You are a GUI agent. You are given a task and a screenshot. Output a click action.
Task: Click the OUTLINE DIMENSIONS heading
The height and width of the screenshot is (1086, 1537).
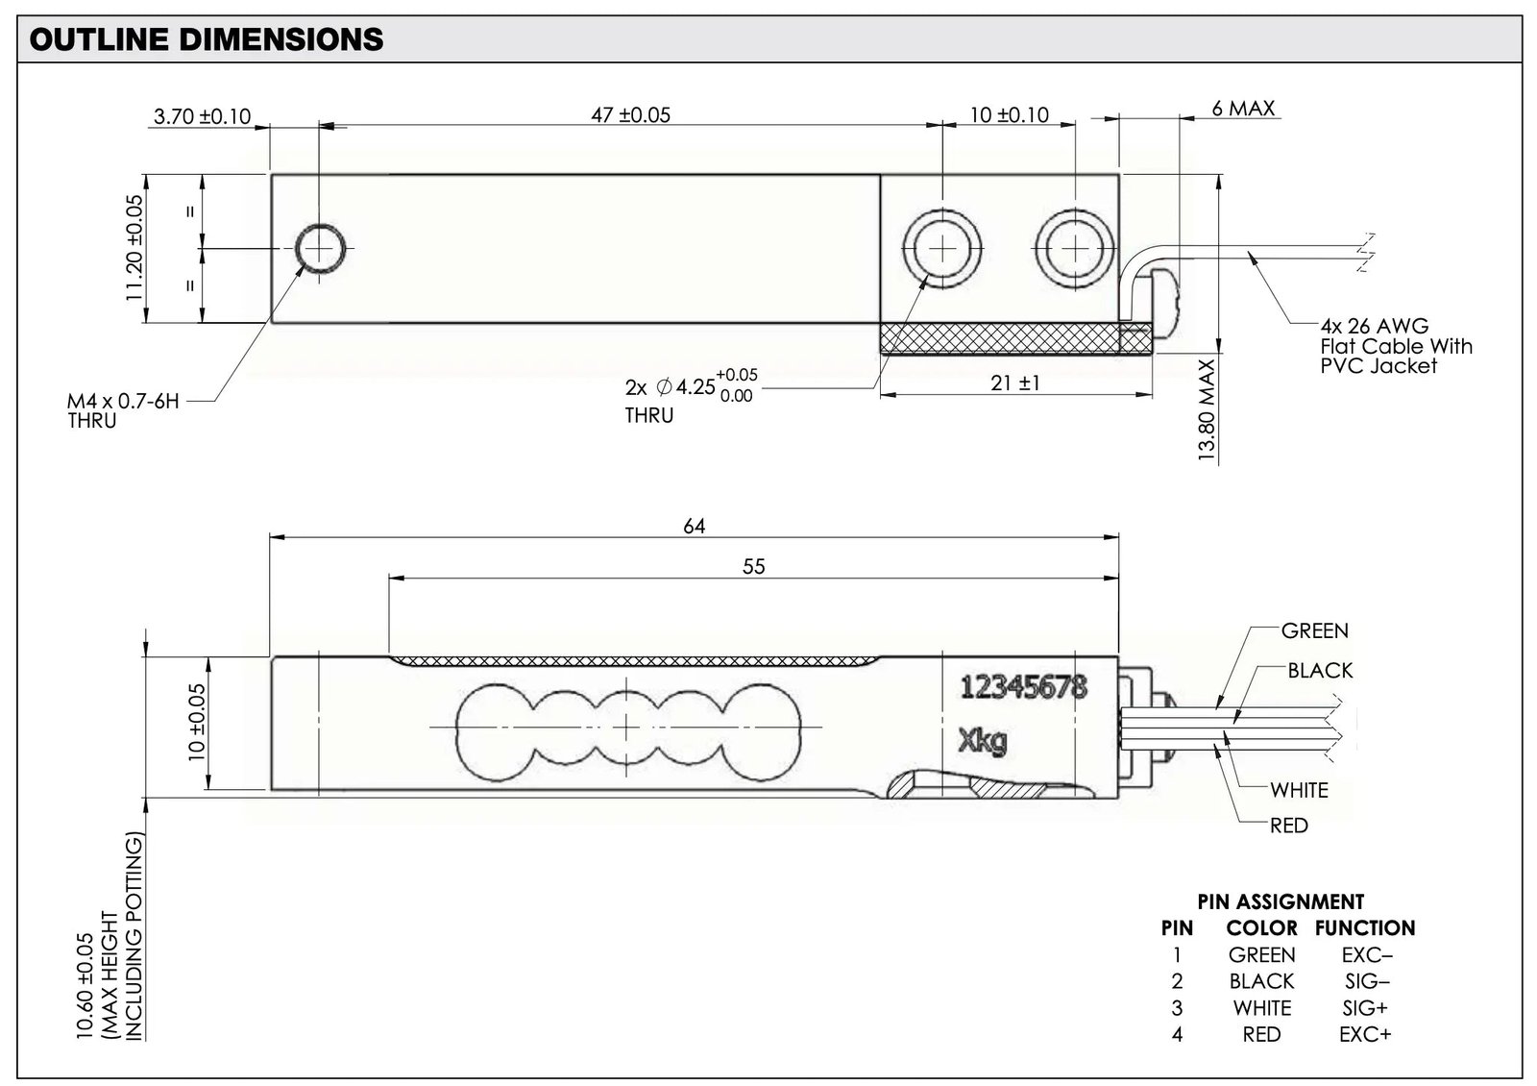pos(207,39)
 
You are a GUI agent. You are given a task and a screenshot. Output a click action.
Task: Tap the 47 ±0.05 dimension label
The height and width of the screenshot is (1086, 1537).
pos(630,114)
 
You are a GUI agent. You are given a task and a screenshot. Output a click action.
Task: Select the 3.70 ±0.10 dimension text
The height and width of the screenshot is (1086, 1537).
pos(203,116)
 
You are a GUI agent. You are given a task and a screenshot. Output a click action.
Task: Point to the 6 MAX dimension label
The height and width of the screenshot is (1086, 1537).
pos(1243,109)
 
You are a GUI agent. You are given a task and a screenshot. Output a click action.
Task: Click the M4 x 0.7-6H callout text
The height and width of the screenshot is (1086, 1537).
pos(123,401)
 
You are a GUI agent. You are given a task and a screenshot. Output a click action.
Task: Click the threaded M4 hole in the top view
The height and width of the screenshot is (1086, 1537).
pos(320,249)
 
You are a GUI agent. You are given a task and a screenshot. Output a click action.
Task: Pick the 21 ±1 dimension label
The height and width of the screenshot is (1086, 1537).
pos(1014,383)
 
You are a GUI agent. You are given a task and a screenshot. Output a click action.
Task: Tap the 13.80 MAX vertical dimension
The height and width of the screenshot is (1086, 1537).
pos(1207,409)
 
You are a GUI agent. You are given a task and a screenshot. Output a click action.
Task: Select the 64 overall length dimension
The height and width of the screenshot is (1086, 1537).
pos(694,526)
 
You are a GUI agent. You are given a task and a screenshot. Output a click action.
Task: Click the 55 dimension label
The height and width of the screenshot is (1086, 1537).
pos(753,566)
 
